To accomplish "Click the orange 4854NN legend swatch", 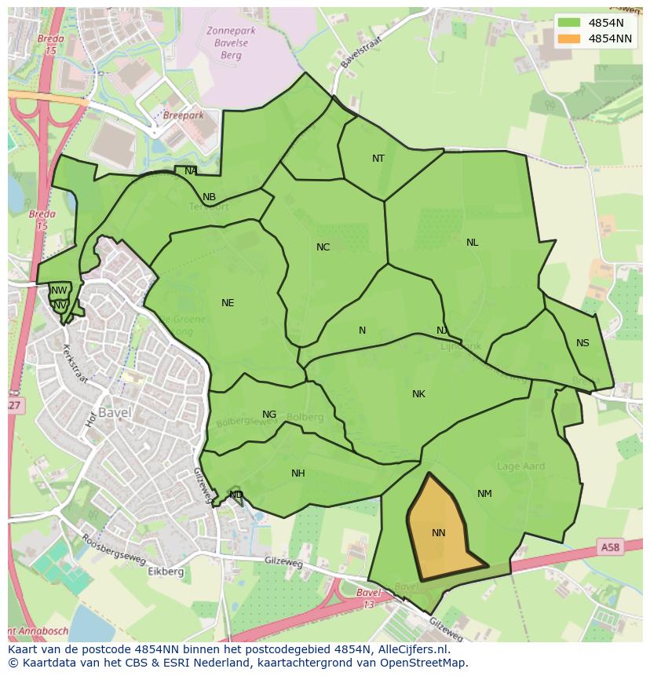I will click(569, 38).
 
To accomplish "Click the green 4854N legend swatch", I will click(569, 23).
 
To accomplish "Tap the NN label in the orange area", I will click(439, 533).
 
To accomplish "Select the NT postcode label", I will click(378, 159).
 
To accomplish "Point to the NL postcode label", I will click(472, 243).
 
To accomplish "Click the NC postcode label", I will click(323, 247).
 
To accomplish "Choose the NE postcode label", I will click(228, 303).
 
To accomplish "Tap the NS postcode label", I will click(582, 343).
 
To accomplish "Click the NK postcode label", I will click(418, 394).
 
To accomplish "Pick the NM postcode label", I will click(484, 494).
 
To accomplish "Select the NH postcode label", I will click(298, 473).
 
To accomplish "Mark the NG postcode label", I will click(269, 415).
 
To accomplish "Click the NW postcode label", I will click(59, 290).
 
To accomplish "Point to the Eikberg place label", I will click(166, 572).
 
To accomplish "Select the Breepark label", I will click(183, 115).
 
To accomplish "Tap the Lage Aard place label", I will click(521, 466).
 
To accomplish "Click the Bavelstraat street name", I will click(360, 48).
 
